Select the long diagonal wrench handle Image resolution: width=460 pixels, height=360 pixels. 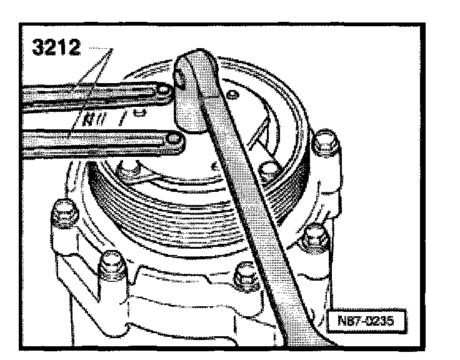coord(250,206)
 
